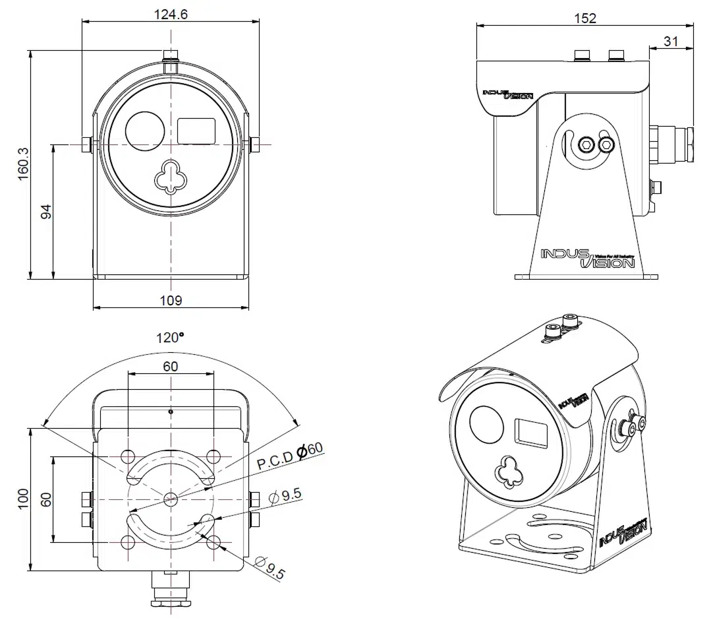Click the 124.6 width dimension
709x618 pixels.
tap(171, 13)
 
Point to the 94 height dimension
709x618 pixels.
tap(46, 211)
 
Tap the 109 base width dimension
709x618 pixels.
tap(171, 300)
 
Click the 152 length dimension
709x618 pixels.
tap(584, 18)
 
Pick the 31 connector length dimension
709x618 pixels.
tap(671, 41)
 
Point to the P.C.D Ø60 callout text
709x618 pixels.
tap(290, 456)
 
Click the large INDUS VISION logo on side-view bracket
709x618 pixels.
tap(586, 259)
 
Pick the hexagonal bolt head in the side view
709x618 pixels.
tap(585, 144)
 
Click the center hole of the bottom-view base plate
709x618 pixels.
tap(171, 499)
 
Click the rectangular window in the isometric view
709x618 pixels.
tap(531, 433)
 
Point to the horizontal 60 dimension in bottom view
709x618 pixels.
tap(171, 367)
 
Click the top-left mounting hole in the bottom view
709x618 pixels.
tap(128, 456)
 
